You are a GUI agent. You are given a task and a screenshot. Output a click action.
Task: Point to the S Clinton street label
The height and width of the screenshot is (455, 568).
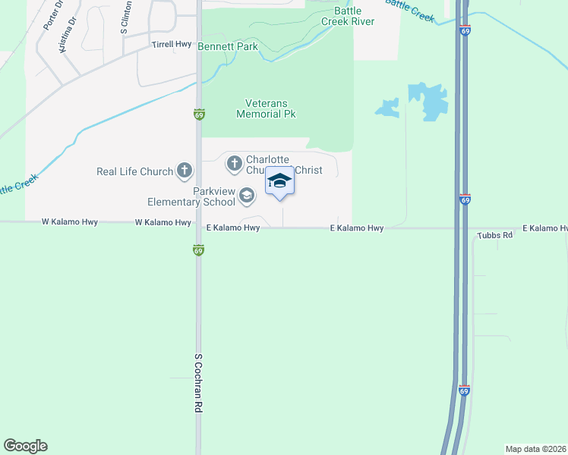click(125, 18)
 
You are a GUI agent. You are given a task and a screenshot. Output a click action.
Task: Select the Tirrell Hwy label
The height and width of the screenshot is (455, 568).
click(172, 45)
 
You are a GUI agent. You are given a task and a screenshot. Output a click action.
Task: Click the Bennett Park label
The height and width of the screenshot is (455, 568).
click(228, 47)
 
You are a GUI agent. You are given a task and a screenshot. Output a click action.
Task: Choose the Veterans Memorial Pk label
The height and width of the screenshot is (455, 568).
click(266, 108)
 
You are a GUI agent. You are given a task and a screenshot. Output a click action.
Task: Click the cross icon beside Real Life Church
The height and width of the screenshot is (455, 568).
click(185, 171)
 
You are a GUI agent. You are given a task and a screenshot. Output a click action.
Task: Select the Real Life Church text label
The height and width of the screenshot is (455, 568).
click(135, 171)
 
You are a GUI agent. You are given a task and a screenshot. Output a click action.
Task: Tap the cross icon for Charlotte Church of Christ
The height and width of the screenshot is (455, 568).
click(234, 162)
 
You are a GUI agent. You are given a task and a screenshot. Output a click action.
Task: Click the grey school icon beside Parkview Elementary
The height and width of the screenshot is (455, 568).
click(246, 196)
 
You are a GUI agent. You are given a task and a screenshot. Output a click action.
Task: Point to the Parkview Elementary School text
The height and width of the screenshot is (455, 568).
click(192, 196)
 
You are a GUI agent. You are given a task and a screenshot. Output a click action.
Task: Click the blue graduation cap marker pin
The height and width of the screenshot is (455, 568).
click(279, 183)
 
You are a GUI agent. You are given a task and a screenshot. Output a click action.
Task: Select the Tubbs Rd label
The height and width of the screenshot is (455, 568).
click(496, 236)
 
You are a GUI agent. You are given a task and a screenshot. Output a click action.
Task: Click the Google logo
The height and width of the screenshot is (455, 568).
click(25, 446)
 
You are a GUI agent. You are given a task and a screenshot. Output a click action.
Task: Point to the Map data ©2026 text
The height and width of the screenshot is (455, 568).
click(536, 449)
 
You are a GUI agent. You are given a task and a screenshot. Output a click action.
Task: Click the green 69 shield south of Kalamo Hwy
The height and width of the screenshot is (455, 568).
click(198, 249)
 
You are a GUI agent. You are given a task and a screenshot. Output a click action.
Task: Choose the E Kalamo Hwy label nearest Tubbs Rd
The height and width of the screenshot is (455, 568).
click(544, 228)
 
